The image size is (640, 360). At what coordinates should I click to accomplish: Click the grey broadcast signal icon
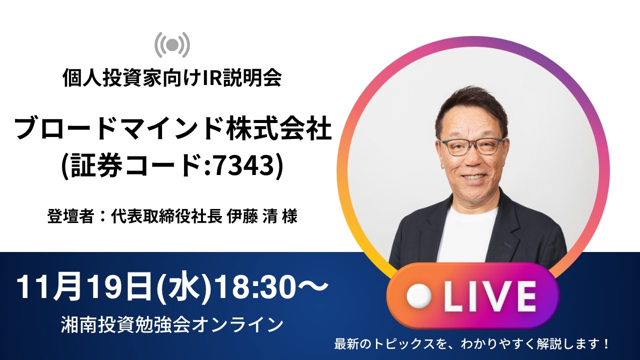172,45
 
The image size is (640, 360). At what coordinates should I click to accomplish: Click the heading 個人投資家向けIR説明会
172,78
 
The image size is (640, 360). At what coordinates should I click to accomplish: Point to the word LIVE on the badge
490,296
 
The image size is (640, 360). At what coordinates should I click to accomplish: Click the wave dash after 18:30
313,288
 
